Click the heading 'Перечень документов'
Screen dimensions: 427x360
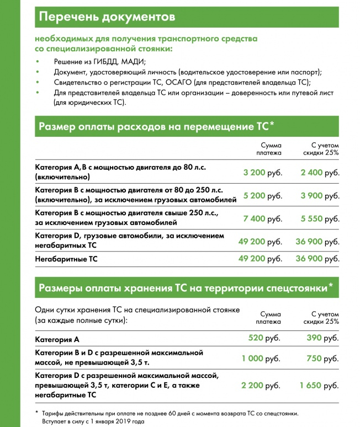point(108,17)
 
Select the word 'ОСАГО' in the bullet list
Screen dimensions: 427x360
point(181,83)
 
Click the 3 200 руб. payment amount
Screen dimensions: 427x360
point(262,172)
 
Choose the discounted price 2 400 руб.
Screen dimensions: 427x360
point(320,172)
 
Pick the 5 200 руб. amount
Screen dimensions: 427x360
point(262,196)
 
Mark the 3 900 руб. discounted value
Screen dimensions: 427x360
point(320,196)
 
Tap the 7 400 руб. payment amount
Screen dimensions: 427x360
point(262,219)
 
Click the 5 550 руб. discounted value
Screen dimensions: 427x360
point(320,219)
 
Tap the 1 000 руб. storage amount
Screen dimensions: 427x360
point(261,359)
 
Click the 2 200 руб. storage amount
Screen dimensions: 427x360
point(261,386)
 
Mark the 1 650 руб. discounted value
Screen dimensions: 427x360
point(319,386)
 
